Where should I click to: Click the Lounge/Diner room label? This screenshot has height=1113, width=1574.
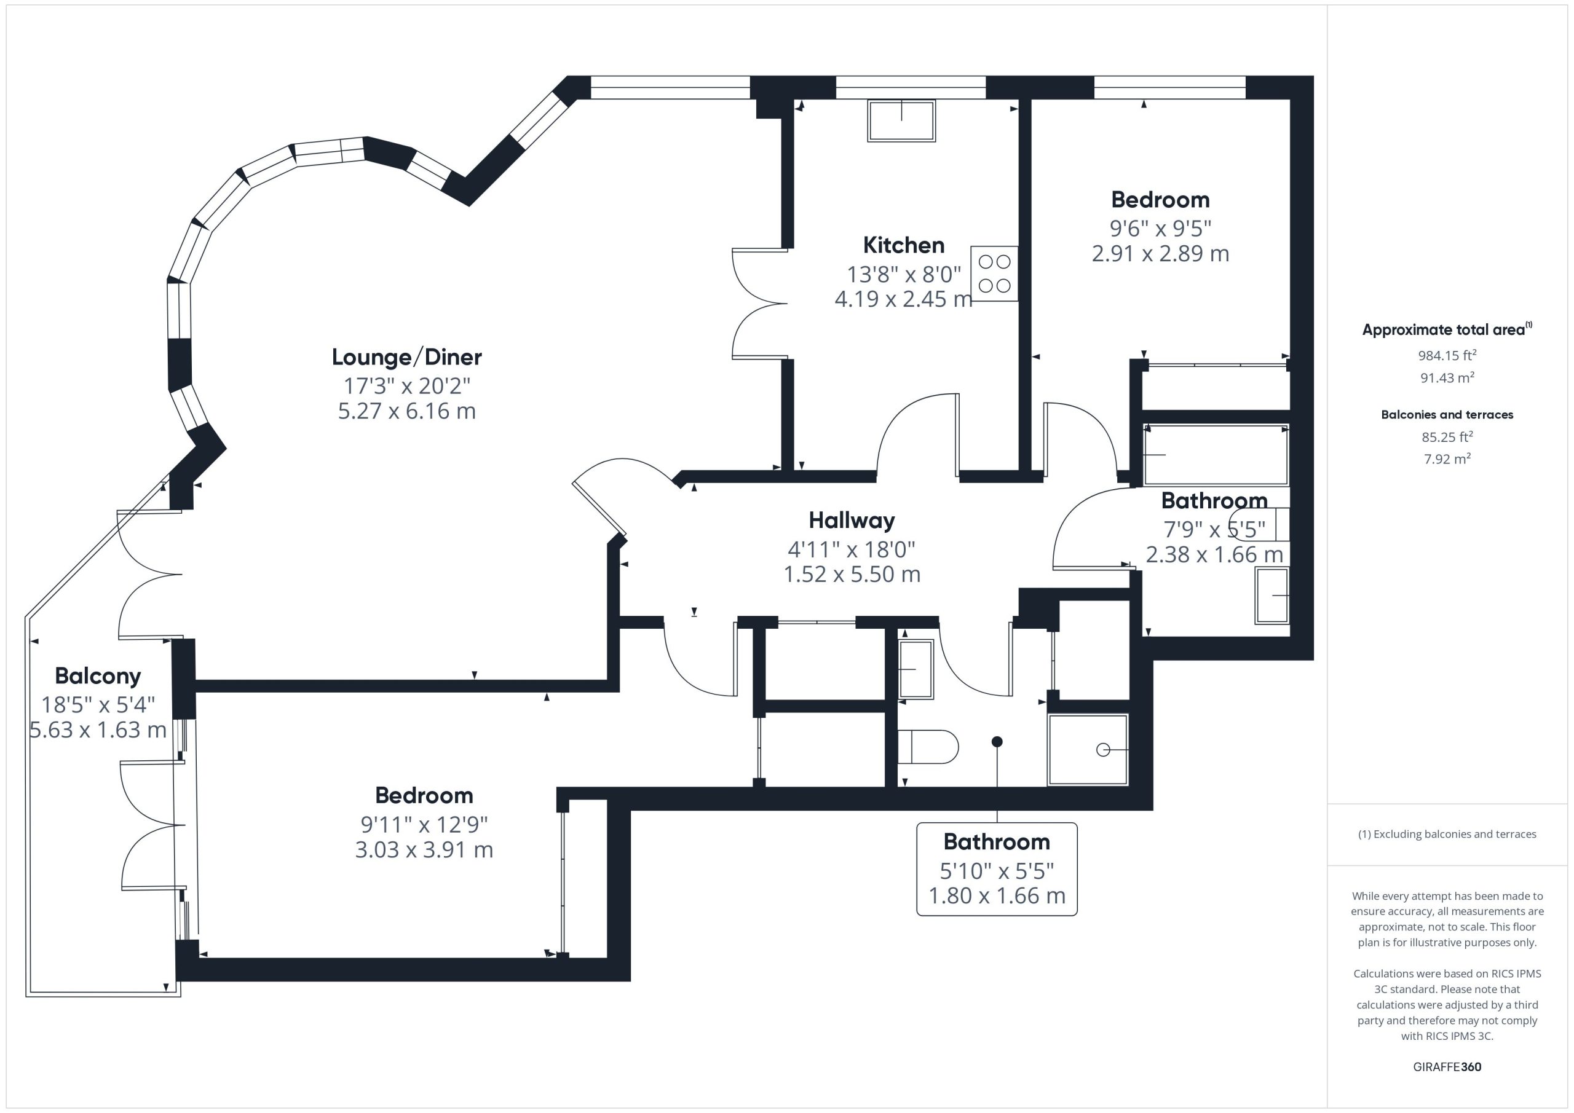pyautogui.click(x=406, y=357)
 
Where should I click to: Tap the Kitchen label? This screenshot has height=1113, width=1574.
pyautogui.click(x=904, y=245)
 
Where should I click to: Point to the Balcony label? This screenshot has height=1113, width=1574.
pyautogui.click(x=98, y=677)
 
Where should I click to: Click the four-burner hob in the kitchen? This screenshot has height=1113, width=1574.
pyautogui.click(x=994, y=273)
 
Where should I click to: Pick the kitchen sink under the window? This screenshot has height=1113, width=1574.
pyautogui.click(x=901, y=120)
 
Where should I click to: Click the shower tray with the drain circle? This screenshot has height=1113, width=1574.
pyautogui.click(x=1088, y=750)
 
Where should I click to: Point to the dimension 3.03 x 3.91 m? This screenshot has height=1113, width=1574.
pyautogui.click(x=424, y=850)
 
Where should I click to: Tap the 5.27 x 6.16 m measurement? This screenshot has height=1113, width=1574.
pyautogui.click(x=406, y=411)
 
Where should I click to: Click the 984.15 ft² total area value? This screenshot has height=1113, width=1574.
pyautogui.click(x=1447, y=355)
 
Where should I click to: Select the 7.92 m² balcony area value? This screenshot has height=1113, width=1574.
pyautogui.click(x=1447, y=458)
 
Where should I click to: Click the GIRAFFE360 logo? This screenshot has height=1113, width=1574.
pyautogui.click(x=1447, y=1067)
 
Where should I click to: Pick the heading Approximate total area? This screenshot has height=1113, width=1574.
pyautogui.click(x=1447, y=329)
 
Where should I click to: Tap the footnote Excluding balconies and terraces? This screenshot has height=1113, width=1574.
pyautogui.click(x=1447, y=834)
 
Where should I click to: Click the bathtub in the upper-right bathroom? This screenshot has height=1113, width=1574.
pyautogui.click(x=1216, y=455)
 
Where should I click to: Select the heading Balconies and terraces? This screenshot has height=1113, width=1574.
pyautogui.click(x=1447, y=415)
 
